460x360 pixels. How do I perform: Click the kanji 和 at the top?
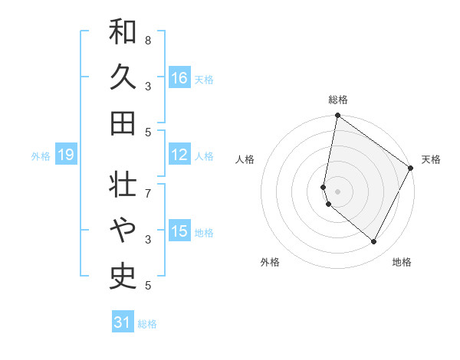(x=123, y=33)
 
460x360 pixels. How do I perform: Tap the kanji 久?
(x=123, y=78)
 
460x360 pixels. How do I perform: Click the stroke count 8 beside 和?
(x=147, y=40)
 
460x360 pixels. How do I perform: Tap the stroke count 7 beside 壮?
(x=147, y=185)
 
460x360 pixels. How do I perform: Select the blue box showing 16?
(x=179, y=78)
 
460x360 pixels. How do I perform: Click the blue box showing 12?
(x=179, y=155)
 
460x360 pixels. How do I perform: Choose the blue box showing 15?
(x=179, y=231)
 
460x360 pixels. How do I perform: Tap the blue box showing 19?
(x=65, y=155)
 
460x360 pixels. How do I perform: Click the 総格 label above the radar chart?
(x=338, y=100)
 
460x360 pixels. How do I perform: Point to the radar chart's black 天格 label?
(x=431, y=159)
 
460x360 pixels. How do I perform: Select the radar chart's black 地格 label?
(x=402, y=262)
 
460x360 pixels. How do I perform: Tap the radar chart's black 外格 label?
(x=270, y=262)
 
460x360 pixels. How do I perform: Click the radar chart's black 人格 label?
(x=245, y=159)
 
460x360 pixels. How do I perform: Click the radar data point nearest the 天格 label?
(x=411, y=169)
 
